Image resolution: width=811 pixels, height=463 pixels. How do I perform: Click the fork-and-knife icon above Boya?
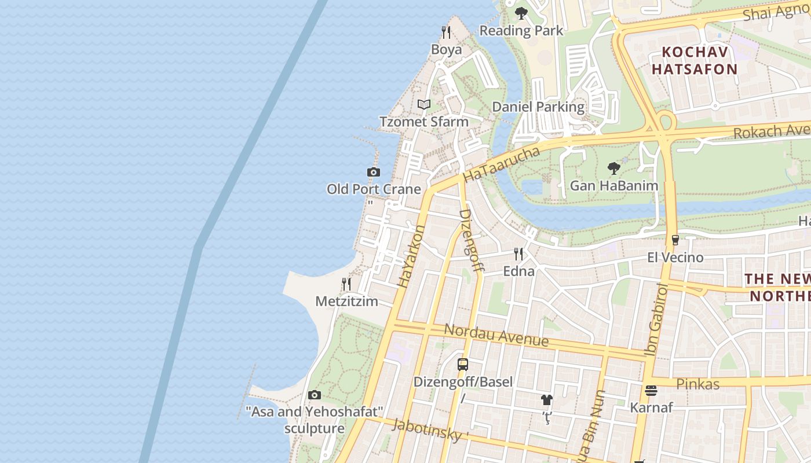point(445,32)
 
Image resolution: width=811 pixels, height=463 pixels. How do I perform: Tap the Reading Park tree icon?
point(521,13)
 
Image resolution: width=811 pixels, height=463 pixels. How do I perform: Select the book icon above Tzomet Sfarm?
point(424,104)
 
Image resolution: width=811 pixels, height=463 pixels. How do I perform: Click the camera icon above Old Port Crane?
point(374,172)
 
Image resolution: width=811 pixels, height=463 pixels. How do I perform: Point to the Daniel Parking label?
point(538,107)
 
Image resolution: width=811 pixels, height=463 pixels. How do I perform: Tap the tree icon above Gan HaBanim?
point(614,168)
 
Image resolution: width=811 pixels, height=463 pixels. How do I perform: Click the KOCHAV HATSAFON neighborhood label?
point(694,61)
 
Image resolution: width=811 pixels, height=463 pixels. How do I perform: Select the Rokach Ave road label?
point(770,131)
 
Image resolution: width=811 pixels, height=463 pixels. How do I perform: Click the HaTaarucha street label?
point(502,164)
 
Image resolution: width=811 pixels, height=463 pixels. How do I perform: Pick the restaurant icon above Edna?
point(518,253)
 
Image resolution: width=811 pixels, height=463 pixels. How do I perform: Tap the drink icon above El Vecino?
point(675,240)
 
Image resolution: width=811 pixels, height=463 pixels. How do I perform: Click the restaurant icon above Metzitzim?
point(346,284)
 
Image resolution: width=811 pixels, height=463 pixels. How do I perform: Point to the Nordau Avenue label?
point(496,335)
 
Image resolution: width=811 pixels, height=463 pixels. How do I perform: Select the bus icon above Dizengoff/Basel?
point(463,365)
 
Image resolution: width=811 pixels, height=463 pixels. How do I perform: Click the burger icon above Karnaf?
point(651,391)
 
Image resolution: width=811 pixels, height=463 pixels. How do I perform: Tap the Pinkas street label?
point(697,384)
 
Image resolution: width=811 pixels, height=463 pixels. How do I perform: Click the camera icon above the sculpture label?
point(315,395)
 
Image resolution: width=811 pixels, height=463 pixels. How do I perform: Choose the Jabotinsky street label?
point(429,430)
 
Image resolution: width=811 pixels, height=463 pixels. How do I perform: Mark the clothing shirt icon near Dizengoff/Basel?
point(546,400)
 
